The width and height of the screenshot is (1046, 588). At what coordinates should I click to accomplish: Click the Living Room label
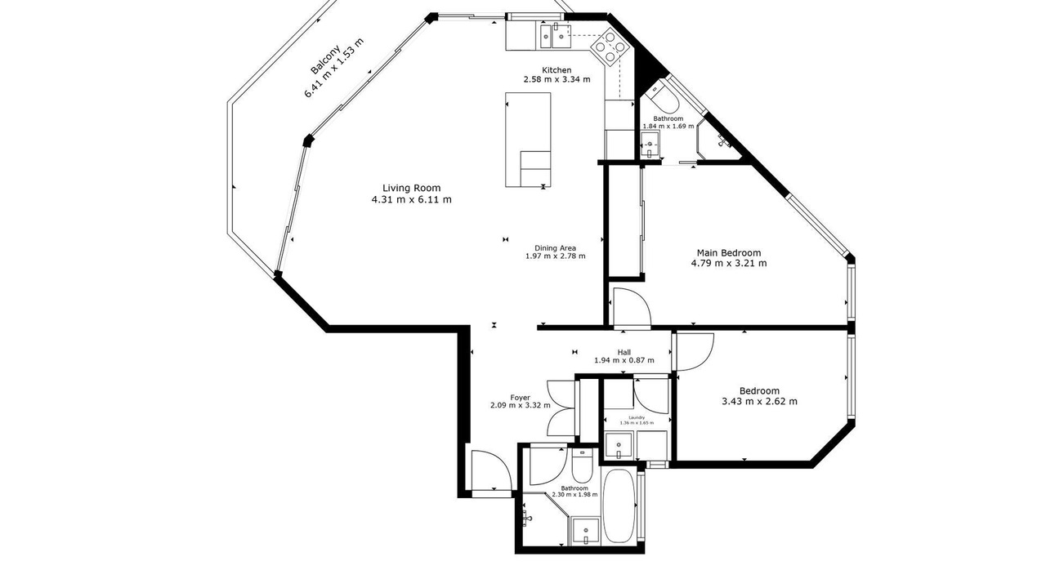coord(411,188)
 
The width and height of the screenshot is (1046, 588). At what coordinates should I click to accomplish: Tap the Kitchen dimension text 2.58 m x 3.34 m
coord(557,79)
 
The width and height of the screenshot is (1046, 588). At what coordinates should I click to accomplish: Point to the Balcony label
coord(325,60)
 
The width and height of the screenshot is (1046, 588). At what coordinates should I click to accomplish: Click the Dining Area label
coord(555,248)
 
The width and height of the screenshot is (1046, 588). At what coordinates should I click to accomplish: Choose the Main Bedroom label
coord(729,253)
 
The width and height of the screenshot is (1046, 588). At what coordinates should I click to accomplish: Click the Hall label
coord(624,352)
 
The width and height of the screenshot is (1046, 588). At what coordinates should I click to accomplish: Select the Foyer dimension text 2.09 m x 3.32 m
coord(521,406)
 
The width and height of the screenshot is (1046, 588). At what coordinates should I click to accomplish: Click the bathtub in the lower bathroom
coord(619,506)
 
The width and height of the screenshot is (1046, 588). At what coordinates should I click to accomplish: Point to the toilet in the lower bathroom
coord(582,465)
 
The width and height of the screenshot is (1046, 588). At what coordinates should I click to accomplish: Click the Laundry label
coord(637,417)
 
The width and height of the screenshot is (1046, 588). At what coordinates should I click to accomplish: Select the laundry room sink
coord(619,446)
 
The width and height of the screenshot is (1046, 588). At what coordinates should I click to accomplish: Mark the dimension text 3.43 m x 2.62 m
coord(759,401)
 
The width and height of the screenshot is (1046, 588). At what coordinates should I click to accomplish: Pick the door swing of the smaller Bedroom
coord(695,351)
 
